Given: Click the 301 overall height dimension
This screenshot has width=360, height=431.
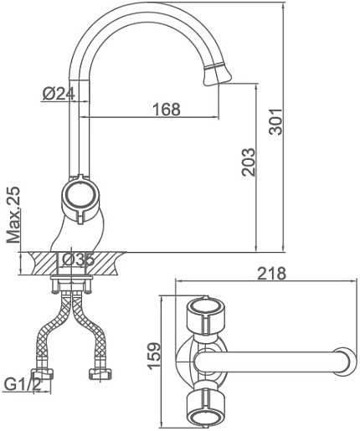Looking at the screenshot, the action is tap(275, 122).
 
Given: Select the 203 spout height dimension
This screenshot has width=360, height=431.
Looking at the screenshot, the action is tap(249, 162).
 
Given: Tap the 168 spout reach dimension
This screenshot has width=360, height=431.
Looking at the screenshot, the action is tap(167, 109).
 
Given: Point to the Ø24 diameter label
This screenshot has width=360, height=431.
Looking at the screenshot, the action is tap(59, 94).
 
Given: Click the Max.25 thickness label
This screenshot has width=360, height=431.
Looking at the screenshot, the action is tap(13, 214).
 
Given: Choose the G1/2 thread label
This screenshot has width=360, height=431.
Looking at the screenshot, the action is tap(23, 385).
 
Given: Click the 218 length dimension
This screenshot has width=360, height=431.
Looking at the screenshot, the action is tap(271, 274).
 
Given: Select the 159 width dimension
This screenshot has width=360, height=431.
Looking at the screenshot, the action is tap(154, 356).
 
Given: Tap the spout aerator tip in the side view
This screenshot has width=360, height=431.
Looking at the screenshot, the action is tap(218, 75).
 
